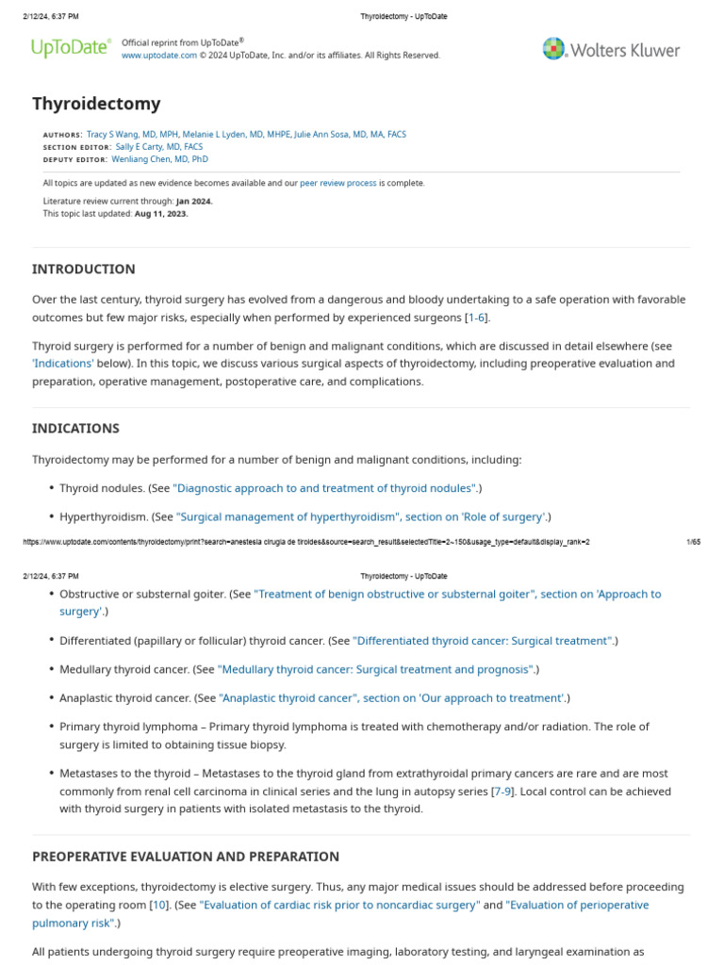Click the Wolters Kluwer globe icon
(553, 49)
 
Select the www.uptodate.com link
(159, 56)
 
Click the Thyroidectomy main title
(96, 104)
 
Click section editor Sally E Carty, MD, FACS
(158, 147)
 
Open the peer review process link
(337, 183)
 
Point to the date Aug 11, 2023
(161, 214)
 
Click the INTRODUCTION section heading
(84, 269)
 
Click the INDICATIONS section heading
(75, 428)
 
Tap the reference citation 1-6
(477, 318)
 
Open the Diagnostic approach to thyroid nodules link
(325, 488)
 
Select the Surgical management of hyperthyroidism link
(362, 516)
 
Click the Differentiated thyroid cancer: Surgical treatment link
(483, 641)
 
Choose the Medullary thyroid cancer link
(376, 669)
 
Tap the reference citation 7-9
(503, 791)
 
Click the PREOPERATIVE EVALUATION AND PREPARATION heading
(186, 857)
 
